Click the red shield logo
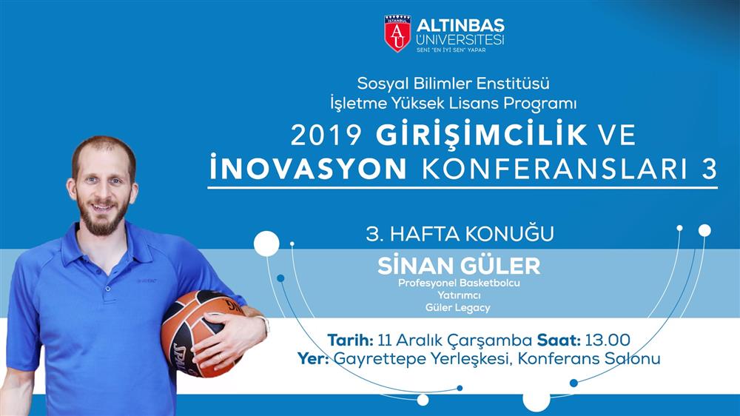click(x=397, y=33)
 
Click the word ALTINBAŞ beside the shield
click(x=460, y=25)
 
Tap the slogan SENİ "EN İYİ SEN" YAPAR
click(x=451, y=49)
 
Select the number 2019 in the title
click(x=326, y=135)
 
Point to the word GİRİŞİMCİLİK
click(x=482, y=134)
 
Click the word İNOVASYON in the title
click(x=308, y=167)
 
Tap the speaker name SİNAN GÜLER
click(x=459, y=266)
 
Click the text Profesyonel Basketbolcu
click(x=459, y=284)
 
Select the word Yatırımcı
click(x=459, y=295)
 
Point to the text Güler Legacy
click(x=458, y=308)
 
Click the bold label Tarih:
click(x=351, y=340)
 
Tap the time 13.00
click(x=608, y=340)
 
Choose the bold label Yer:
click(x=313, y=358)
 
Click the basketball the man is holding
click(x=201, y=333)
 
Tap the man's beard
click(x=104, y=217)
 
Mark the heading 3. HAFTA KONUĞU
click(x=460, y=234)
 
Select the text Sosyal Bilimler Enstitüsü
click(x=453, y=84)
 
